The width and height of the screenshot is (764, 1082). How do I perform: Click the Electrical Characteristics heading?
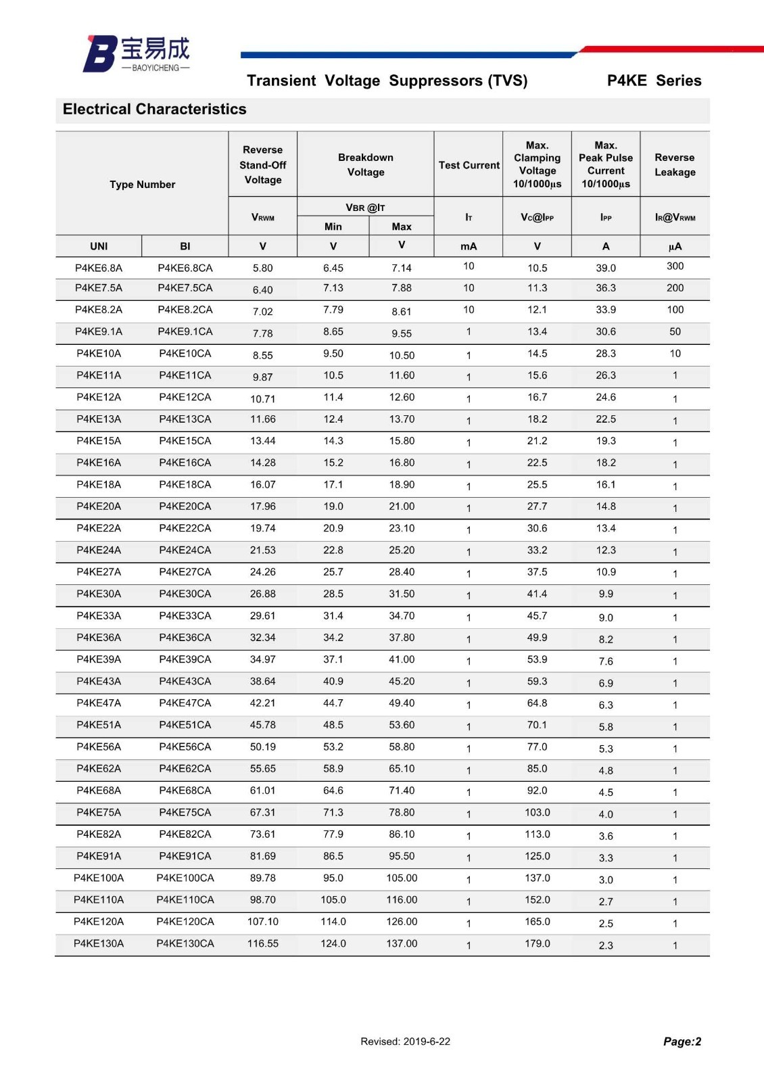click(154, 110)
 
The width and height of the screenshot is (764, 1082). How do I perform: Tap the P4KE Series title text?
click(654, 81)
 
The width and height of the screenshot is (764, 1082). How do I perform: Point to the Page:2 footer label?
click(682, 1041)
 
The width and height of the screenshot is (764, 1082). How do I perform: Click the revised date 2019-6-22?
click(405, 1041)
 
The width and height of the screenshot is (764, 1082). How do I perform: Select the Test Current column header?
click(469, 165)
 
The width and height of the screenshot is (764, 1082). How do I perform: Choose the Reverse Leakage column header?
click(674, 165)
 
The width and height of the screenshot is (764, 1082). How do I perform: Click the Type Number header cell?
click(142, 185)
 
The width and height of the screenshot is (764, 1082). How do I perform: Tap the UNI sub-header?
click(99, 246)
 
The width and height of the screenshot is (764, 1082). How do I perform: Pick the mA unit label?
click(469, 246)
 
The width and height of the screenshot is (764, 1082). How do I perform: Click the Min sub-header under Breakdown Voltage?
click(333, 227)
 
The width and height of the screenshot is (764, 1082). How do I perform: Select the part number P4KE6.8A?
click(99, 268)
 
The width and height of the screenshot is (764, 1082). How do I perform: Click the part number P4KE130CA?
click(185, 943)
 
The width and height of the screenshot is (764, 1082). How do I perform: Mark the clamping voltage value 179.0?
click(538, 943)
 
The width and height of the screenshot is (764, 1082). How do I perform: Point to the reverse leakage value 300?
click(675, 266)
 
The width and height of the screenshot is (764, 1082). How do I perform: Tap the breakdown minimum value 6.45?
click(333, 268)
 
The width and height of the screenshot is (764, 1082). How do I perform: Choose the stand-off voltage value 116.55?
click(262, 943)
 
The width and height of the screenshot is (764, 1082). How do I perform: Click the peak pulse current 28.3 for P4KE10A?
click(606, 354)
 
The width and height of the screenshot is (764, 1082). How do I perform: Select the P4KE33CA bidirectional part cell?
click(185, 616)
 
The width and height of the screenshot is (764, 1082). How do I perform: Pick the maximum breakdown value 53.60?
click(402, 725)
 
